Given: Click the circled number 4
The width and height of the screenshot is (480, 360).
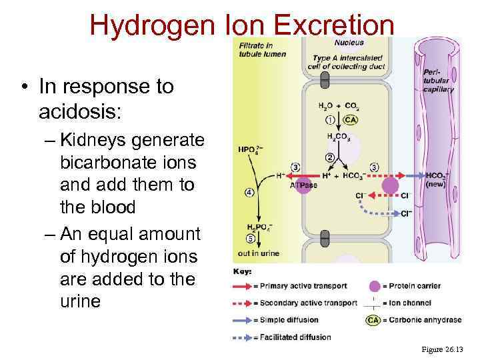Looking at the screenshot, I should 249,193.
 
